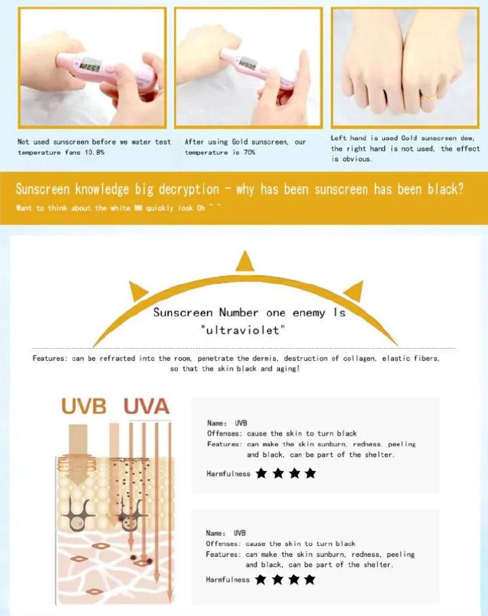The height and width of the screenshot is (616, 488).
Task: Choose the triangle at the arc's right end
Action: click(354, 292)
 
